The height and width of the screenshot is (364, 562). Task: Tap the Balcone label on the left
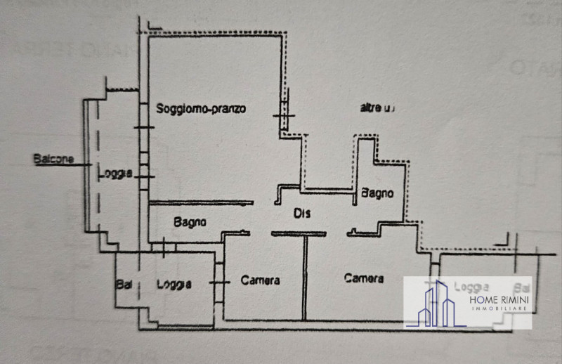tap(53, 160)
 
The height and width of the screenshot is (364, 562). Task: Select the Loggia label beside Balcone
tap(115, 174)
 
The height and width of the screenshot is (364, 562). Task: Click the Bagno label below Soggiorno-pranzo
tap(190, 222)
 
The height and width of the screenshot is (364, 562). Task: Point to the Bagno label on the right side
tap(377, 193)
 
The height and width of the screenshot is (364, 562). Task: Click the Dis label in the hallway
tap(301, 213)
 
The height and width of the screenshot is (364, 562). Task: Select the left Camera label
tap(260, 280)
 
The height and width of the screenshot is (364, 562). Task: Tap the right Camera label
tap(364, 278)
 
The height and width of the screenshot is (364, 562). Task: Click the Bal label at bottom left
tap(124, 285)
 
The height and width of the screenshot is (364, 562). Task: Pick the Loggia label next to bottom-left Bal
tap(174, 285)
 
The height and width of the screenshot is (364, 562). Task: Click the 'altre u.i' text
tap(378, 108)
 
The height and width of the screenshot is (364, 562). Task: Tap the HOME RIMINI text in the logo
tap(499, 301)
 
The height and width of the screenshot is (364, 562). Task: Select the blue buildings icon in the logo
tap(436, 304)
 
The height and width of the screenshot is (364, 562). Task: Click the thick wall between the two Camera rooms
tap(305, 278)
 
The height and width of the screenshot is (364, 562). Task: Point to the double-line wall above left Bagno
tap(201, 203)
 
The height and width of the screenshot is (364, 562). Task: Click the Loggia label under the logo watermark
tap(471, 287)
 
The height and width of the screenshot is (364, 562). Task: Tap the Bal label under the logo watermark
tap(521, 287)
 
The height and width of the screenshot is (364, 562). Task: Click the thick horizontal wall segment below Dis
tap(299, 233)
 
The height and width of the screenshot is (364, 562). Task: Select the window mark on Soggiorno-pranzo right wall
tap(284, 115)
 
